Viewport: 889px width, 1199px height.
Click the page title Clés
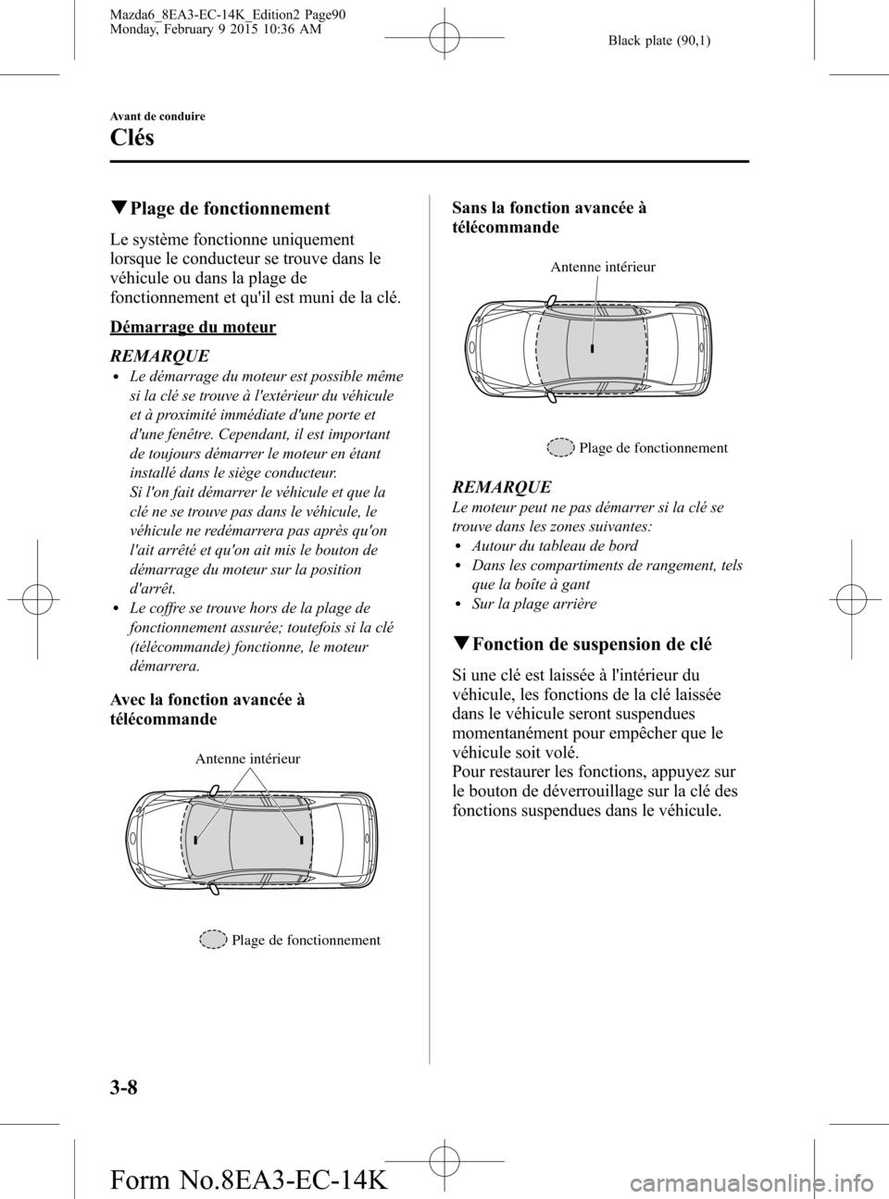[x=131, y=138]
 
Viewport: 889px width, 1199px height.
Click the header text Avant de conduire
[x=157, y=116]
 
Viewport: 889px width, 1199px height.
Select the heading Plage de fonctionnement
[x=229, y=208]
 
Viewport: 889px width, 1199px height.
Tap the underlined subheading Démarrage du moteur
[x=193, y=326]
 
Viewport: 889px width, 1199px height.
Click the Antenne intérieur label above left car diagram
[x=247, y=758]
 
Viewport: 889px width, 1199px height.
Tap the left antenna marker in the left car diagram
[x=196, y=840]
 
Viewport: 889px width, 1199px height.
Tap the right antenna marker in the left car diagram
[x=303, y=840]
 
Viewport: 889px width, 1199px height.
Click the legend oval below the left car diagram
[x=213, y=940]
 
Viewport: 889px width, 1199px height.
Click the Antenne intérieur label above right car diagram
[x=602, y=267]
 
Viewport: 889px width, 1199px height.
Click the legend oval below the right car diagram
[x=560, y=448]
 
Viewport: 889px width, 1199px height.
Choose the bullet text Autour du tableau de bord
[x=554, y=545]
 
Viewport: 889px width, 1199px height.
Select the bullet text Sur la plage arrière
[x=533, y=603]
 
